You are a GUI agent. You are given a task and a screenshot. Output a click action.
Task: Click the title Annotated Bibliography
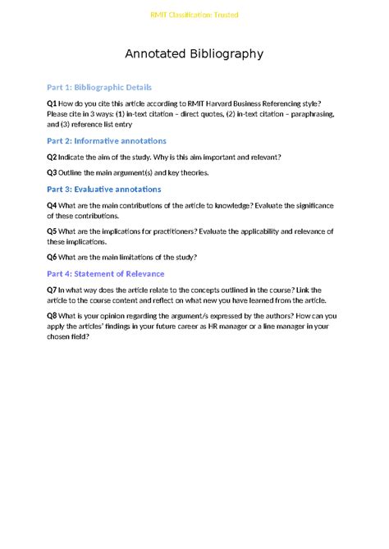[x=194, y=54]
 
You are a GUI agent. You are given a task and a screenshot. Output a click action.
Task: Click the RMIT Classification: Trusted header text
[x=194, y=15]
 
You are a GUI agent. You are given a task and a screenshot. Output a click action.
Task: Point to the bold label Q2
[x=52, y=157]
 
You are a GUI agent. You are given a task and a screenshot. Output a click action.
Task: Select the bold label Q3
[x=52, y=172]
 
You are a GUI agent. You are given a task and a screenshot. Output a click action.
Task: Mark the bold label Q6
[x=52, y=257]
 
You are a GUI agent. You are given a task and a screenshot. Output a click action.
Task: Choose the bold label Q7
[x=52, y=290]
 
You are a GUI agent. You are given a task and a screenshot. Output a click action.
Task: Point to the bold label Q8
[x=52, y=316]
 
